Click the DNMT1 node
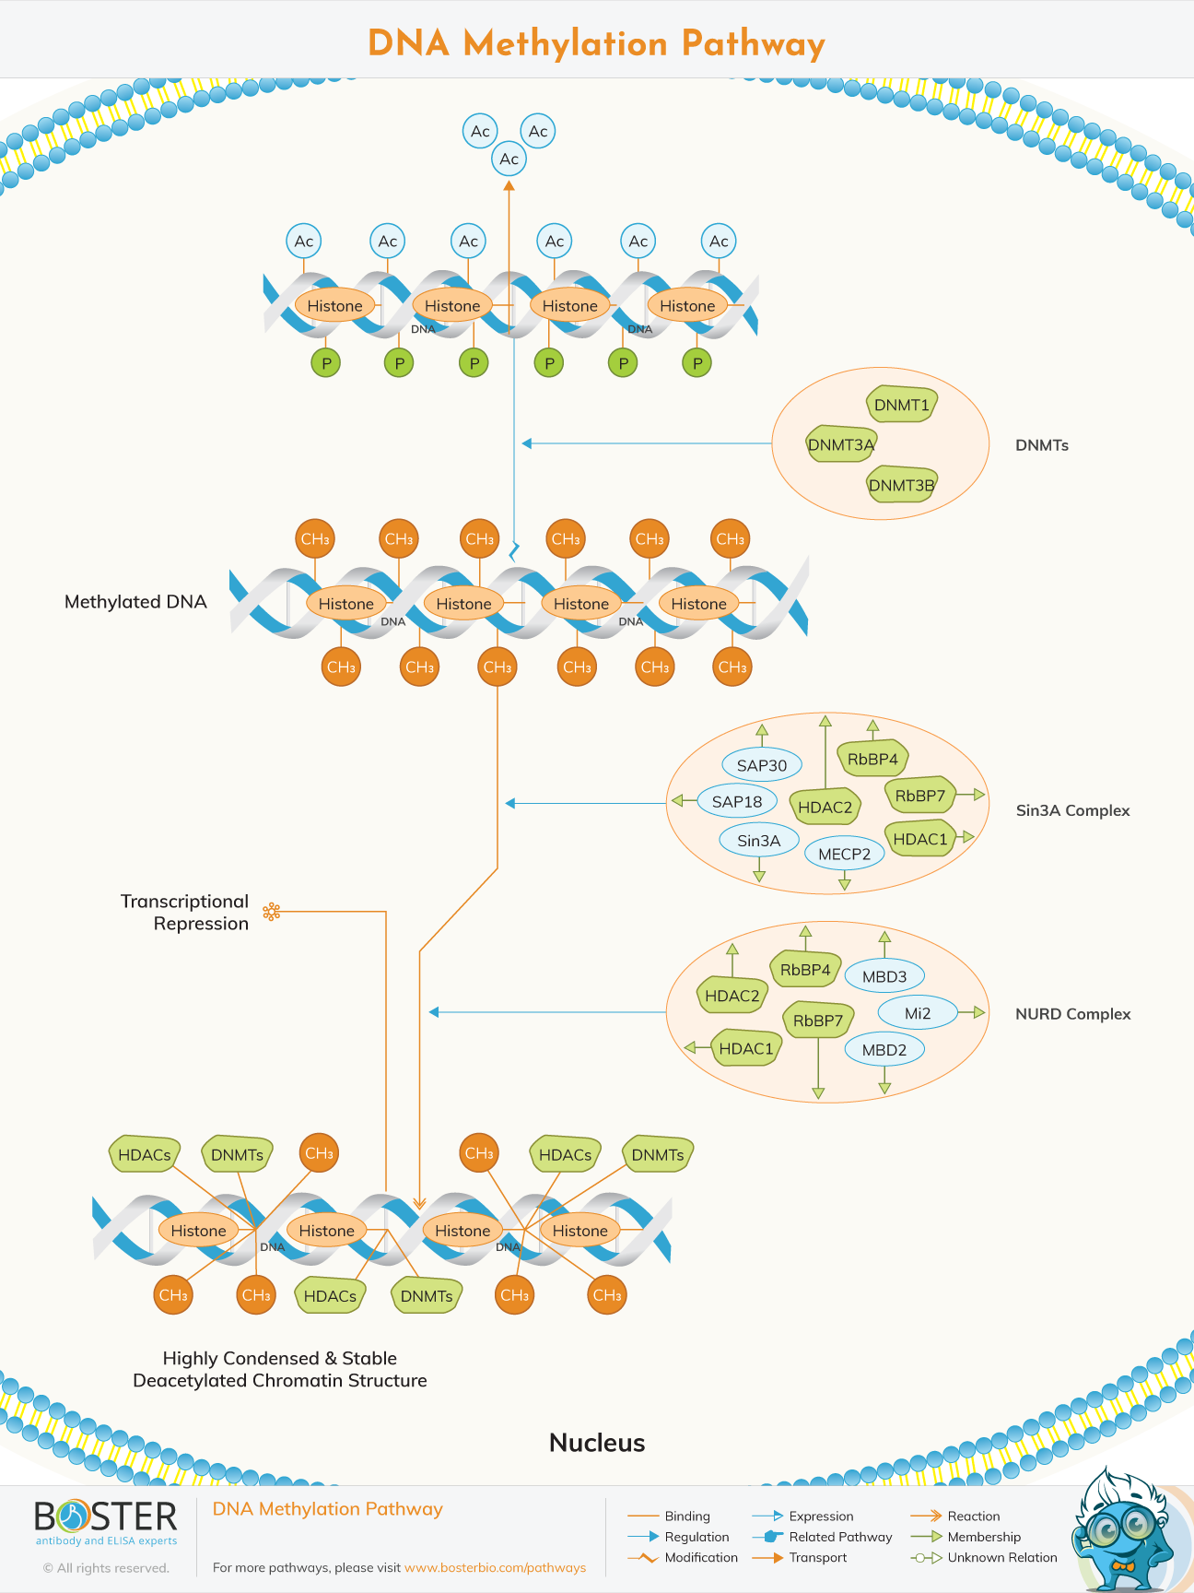pos(901,405)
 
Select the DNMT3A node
pos(840,444)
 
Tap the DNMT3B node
pos(901,485)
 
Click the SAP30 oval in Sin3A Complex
pos(762,765)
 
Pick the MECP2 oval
pos(844,854)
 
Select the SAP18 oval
pos(737,801)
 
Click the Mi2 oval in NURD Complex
pos(918,1013)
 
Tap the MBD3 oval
pos(884,976)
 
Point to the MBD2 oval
pos(884,1049)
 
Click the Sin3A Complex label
pos(1072,810)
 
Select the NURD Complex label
pos(1072,1013)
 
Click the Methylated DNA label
pos(135,602)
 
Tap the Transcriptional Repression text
pos(184,913)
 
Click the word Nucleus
pos(597,1443)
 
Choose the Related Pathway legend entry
pos(839,1537)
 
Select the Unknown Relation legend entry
pos(1001,1557)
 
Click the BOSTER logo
pos(106,1517)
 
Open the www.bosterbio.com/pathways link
pos(495,1567)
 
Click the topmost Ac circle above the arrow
pos(480,131)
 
